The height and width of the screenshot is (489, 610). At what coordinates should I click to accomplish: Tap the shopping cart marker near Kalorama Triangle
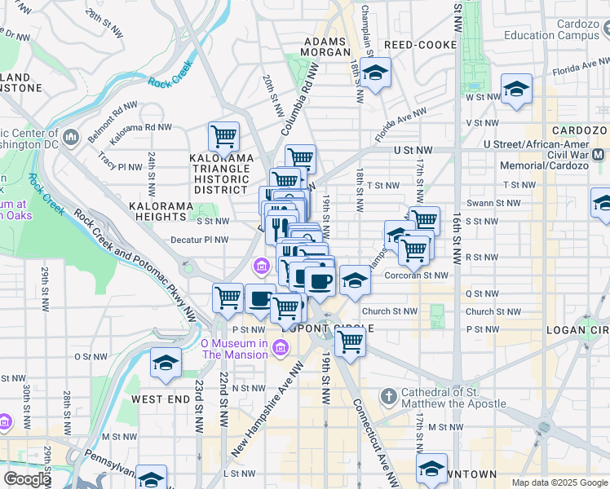coord(223,135)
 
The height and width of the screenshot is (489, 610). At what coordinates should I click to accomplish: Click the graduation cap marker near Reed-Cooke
coord(374,74)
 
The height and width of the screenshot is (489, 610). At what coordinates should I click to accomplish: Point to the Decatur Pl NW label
coord(200,240)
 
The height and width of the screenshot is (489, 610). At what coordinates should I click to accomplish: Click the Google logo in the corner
coord(28,479)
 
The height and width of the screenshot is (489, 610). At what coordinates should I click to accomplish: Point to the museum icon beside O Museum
coord(281,349)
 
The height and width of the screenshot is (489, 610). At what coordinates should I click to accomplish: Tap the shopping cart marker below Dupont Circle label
coord(351,341)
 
